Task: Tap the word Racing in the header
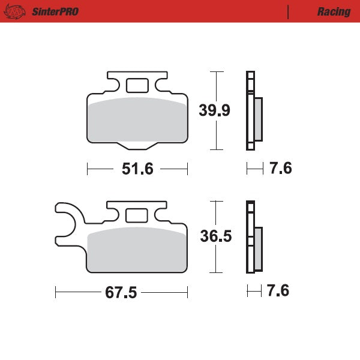[334, 12]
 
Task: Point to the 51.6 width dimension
[137, 169]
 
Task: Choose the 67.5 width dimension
[121, 293]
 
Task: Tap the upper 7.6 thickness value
[280, 169]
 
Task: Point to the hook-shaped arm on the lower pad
[67, 224]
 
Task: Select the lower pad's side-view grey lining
[258, 249]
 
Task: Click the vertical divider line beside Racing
[289, 11]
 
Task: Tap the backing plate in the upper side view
[250, 111]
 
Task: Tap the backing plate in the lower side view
[250, 240]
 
